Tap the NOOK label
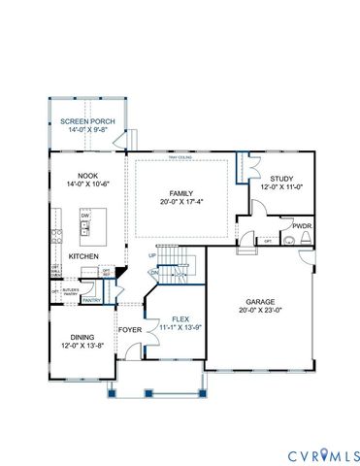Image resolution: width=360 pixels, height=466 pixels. point(77,175)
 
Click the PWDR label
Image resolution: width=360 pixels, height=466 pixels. point(303,226)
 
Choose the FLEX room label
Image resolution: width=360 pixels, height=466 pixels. point(180,318)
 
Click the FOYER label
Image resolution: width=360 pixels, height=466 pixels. point(129,329)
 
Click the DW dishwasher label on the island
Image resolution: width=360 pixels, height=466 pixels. point(85,216)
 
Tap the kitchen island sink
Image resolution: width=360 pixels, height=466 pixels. point(85,229)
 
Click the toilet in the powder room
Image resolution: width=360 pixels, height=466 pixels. point(290,238)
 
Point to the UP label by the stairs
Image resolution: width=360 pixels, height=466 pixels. point(152,255)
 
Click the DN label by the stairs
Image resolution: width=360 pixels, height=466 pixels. point(153,274)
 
